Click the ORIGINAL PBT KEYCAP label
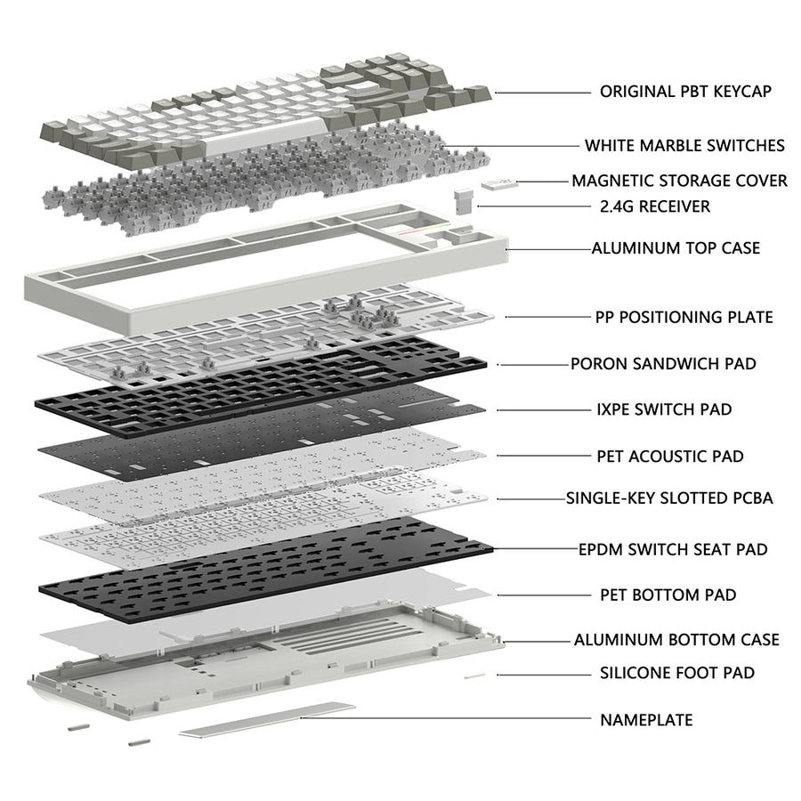[684, 91]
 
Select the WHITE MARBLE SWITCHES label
[684, 145]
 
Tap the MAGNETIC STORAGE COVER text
[679, 181]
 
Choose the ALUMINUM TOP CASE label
[676, 247]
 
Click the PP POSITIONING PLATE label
[684, 317]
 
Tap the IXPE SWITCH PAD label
[664, 409]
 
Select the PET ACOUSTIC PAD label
[669, 456]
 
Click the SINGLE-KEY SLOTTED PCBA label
[669, 498]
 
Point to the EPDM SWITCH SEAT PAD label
[673, 549]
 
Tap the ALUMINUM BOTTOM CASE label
[676, 639]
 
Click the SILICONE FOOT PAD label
[676, 672]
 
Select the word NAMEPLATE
[645, 719]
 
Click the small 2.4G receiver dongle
[464, 200]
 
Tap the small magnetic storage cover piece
[499, 182]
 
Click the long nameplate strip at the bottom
[267, 720]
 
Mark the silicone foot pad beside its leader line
[474, 676]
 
